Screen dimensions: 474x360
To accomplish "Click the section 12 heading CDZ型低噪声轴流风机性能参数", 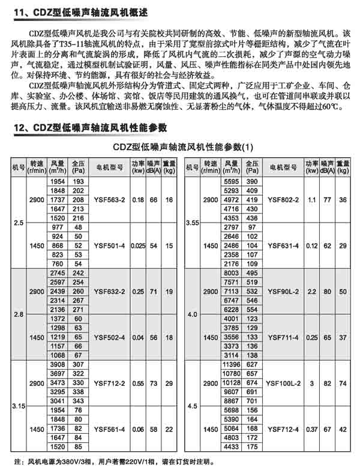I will tap(91, 128).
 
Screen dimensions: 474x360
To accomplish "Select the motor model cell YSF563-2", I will tap(109, 199).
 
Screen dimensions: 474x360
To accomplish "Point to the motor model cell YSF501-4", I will tap(109, 245).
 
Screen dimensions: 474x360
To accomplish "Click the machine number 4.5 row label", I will tap(192, 406).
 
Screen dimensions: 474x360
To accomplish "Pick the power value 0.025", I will tap(138, 245).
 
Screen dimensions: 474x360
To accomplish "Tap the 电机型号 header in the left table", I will tap(109, 167).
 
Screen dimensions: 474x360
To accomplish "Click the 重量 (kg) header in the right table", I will tap(343, 167).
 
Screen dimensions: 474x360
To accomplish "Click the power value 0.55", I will tap(138, 382).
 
